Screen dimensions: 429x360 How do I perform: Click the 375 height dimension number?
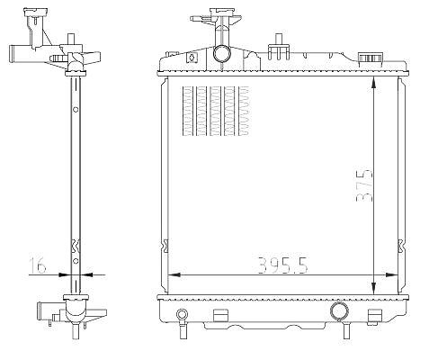[364, 185]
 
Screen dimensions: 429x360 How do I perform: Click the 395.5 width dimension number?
[282, 265]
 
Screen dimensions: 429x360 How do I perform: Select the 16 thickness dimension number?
[38, 265]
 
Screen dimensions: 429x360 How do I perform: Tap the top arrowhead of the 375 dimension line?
[373, 82]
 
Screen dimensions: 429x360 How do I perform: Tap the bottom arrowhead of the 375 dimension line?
[373, 289]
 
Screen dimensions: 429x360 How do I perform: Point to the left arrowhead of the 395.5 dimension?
[174, 274]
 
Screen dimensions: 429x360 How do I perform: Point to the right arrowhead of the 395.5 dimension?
[392, 274]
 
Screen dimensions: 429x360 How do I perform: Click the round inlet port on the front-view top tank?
[222, 54]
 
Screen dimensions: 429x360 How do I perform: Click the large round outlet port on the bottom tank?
[339, 311]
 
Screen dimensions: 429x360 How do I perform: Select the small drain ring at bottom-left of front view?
[182, 314]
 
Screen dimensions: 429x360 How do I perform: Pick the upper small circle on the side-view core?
[76, 110]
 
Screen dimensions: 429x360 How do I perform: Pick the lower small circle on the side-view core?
[76, 261]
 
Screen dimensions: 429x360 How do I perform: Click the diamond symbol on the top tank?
[191, 57]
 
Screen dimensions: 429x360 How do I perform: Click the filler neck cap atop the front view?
[222, 12]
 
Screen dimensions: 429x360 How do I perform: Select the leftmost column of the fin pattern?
[188, 111]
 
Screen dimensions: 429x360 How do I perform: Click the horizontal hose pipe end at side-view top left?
[16, 54]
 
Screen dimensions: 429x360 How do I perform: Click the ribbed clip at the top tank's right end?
[371, 59]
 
